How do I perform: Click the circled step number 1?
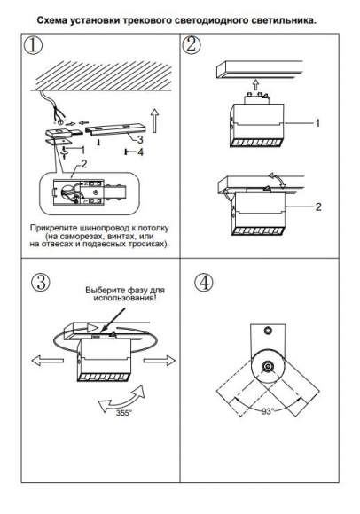tap(33, 45)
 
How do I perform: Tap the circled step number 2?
tap(192, 44)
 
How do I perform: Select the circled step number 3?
tap(41, 282)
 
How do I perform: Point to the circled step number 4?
tap(203, 283)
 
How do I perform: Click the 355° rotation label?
tap(123, 413)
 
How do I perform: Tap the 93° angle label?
tap(268, 411)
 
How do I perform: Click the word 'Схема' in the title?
tap(49, 20)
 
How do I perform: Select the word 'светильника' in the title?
tap(284, 20)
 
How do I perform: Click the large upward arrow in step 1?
tap(154, 121)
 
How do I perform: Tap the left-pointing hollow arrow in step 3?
tap(47, 361)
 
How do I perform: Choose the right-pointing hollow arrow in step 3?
tap(160, 361)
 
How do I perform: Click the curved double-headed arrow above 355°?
tap(122, 399)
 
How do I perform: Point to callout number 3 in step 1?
tap(140, 140)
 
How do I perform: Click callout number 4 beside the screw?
tap(140, 152)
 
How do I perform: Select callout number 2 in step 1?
tap(84, 164)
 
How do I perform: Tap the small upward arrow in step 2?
tap(255, 86)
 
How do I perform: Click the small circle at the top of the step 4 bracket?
tap(268, 331)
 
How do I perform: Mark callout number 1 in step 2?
tap(317, 123)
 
